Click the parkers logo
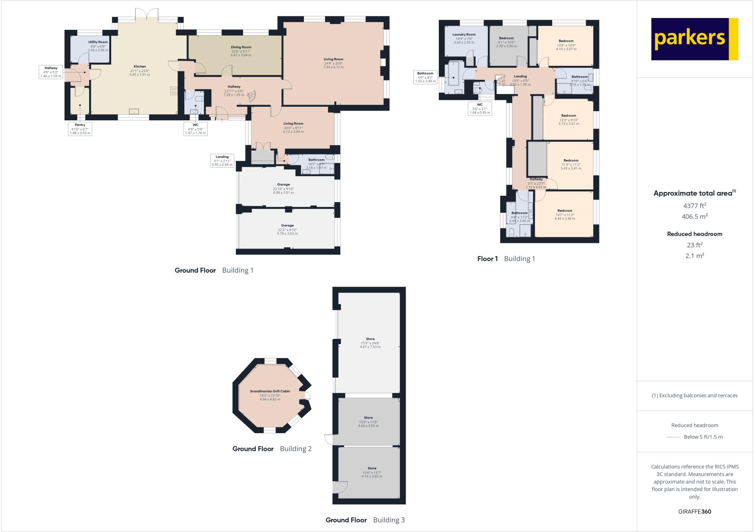pos(694,39)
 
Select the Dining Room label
pos(241,51)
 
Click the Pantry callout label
pos(80,129)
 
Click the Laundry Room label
pos(464,38)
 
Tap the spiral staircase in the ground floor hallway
pos(251,97)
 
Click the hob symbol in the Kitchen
pos(174,91)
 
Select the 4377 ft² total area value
pos(694,206)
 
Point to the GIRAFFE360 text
pos(694,511)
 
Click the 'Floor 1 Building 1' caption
pos(506,259)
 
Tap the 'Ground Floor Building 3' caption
pos(365,520)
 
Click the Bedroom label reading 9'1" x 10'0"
pos(506,42)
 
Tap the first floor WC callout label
pos(480,109)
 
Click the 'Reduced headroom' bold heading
pos(694,234)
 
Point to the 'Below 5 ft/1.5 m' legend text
pos(703,437)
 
